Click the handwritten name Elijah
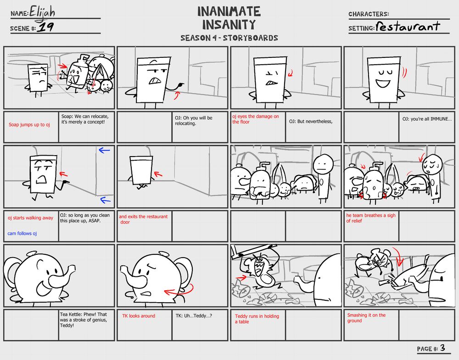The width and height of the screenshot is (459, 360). (42, 13)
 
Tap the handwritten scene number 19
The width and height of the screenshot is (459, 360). (46, 27)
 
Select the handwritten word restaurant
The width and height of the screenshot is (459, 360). (408, 26)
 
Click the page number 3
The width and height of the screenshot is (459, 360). (442, 348)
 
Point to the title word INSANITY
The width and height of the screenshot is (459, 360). (229, 25)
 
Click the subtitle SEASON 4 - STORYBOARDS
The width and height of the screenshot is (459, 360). (229, 38)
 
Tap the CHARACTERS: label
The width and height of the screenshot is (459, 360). (369, 14)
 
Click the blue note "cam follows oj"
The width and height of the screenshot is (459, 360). (22, 233)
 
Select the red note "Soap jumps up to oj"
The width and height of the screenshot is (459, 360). (29, 124)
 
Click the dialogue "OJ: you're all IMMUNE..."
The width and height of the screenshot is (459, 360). (427, 119)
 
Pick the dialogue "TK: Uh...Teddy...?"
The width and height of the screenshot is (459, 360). (194, 315)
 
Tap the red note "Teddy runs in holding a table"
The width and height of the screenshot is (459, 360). (257, 319)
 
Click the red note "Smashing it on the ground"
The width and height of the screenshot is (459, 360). (366, 318)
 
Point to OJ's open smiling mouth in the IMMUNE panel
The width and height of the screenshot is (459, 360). (383, 83)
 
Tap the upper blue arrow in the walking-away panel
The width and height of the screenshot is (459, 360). (104, 151)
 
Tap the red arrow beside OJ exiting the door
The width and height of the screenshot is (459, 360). (158, 174)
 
